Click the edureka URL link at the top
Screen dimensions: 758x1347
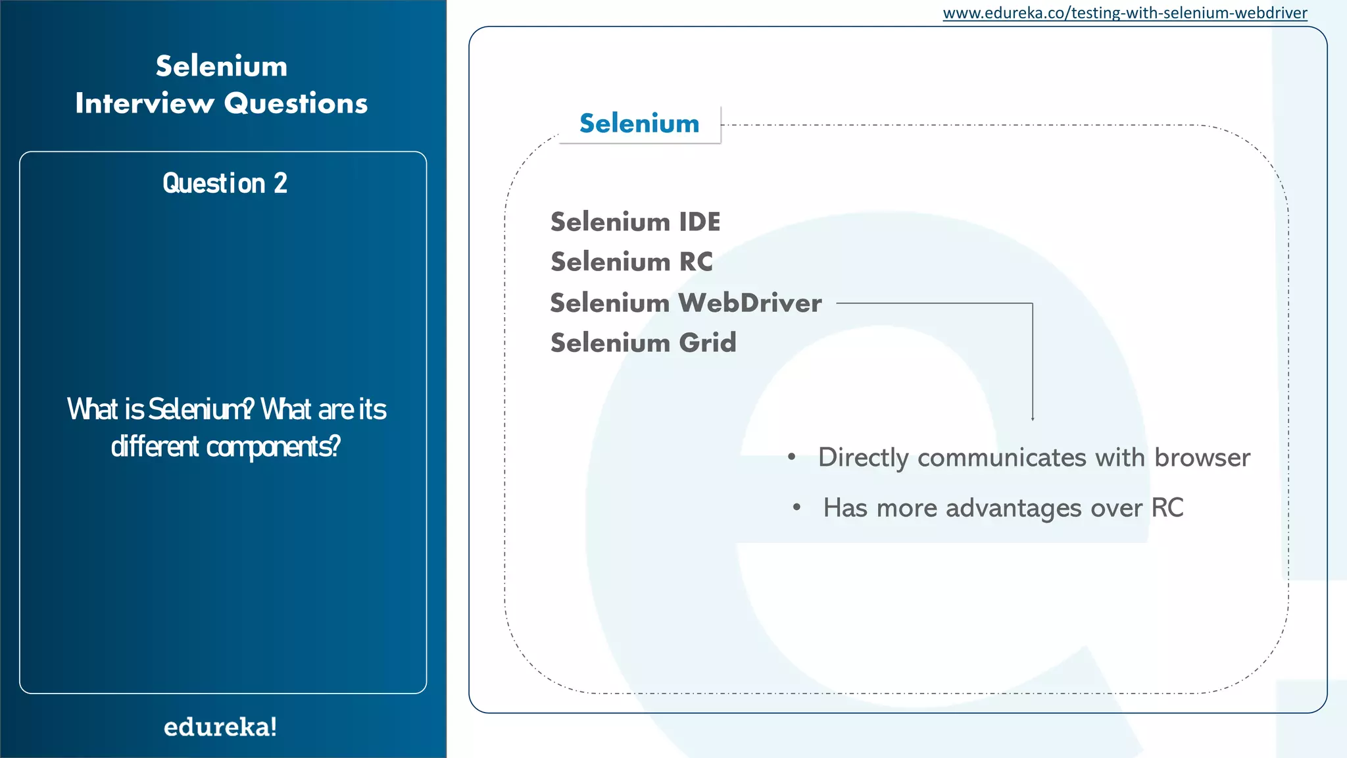coord(1125,13)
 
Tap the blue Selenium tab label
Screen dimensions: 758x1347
coord(639,124)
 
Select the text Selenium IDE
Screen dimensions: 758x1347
coord(635,222)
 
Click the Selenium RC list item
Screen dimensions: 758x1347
coord(631,262)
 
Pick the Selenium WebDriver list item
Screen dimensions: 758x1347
coord(686,303)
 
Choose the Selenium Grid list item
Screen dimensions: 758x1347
coord(643,343)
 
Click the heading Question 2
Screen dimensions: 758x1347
coord(225,184)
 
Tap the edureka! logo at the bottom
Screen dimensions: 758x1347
coord(220,727)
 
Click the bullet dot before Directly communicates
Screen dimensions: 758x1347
coord(792,457)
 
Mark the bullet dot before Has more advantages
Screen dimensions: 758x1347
coord(796,507)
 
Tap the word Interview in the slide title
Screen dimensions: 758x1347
coord(145,103)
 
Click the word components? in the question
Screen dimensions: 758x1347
coord(274,447)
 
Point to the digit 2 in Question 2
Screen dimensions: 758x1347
coord(281,184)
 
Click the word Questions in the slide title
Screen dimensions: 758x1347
coord(296,103)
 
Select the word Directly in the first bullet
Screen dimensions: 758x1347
coord(864,457)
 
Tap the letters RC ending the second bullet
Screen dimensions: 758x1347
coord(1167,508)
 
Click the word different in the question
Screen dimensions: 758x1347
coord(155,447)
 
